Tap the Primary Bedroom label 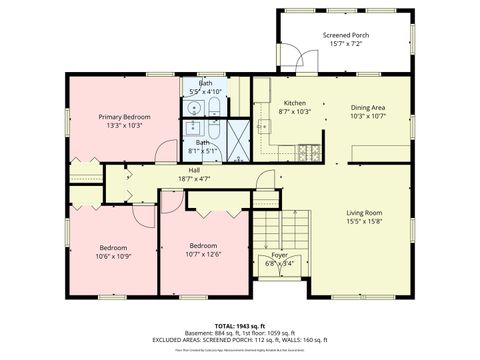[122, 117]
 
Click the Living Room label [365, 213]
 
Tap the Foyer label [279, 255]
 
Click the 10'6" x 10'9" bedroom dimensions [112, 256]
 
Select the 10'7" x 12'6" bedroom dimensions [204, 254]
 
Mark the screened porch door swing [291, 57]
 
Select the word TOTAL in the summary [224, 327]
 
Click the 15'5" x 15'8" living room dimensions [365, 222]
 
